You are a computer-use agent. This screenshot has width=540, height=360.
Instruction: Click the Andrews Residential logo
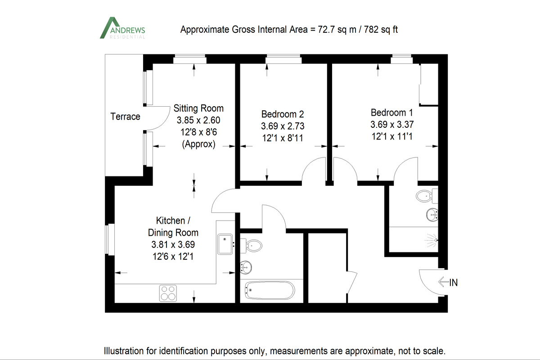tap(122, 28)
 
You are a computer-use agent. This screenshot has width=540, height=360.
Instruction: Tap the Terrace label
tap(125, 117)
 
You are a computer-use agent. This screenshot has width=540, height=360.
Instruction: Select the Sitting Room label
tap(198, 108)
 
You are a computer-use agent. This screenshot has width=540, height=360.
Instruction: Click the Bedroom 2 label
tap(283, 114)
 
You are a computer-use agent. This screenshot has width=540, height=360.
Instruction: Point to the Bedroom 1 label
tap(391, 112)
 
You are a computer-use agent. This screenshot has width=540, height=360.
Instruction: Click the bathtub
tap(270, 291)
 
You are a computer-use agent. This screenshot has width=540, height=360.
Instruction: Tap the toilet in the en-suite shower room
tap(425, 196)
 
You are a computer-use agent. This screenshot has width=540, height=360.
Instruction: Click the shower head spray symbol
tap(432, 240)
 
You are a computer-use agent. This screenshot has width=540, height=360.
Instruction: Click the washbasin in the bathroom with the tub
tap(246, 266)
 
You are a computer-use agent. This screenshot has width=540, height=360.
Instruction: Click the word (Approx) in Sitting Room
tap(198, 145)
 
